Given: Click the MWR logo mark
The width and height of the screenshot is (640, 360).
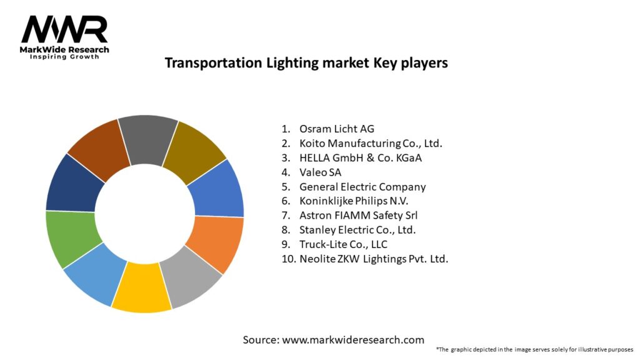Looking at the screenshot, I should click(64, 30).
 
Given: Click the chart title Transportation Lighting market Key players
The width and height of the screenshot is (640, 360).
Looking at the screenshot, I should click(306, 63).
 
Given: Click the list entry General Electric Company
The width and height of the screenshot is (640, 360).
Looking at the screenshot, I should click(362, 186).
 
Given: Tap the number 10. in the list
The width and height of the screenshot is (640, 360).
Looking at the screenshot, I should click(287, 258).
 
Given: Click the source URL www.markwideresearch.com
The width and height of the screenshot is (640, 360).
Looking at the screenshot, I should click(352, 340).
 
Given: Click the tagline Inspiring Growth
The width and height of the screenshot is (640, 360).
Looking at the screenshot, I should click(65, 57).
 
